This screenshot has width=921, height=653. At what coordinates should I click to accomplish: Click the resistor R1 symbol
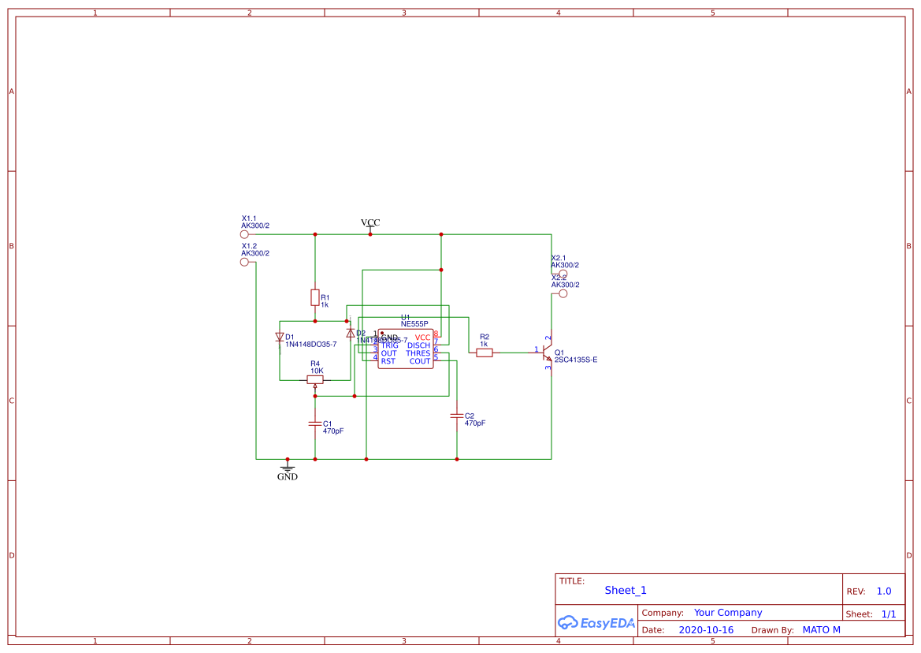tap(315, 297)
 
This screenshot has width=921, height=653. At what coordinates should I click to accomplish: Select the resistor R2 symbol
tap(485, 353)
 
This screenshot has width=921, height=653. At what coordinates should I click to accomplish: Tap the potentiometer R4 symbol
tap(315, 379)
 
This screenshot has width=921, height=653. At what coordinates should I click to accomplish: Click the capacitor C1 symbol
tap(315, 424)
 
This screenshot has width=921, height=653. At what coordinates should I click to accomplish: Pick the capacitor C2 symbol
tap(457, 415)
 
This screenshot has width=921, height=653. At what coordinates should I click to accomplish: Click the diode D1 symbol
tap(280, 338)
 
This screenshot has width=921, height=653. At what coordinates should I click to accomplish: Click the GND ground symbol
tap(288, 468)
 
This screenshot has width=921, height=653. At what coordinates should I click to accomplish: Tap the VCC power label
tap(370, 223)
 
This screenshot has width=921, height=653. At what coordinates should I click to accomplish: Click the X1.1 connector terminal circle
tap(244, 234)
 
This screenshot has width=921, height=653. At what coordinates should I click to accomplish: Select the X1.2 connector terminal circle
tap(244, 262)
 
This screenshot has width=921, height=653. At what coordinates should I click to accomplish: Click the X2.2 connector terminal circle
tap(563, 293)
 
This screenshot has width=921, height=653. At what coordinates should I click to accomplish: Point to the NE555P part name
tap(414, 324)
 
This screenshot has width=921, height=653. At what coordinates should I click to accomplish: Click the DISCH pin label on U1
tap(418, 345)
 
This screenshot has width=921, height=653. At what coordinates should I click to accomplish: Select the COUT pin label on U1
tap(420, 361)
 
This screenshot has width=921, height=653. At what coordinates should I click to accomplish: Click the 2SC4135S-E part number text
tap(576, 360)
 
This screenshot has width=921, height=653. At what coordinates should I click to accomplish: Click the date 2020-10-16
tap(706, 630)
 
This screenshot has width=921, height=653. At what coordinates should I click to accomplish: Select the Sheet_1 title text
tap(626, 590)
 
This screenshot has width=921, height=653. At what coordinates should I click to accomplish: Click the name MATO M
tap(821, 630)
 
